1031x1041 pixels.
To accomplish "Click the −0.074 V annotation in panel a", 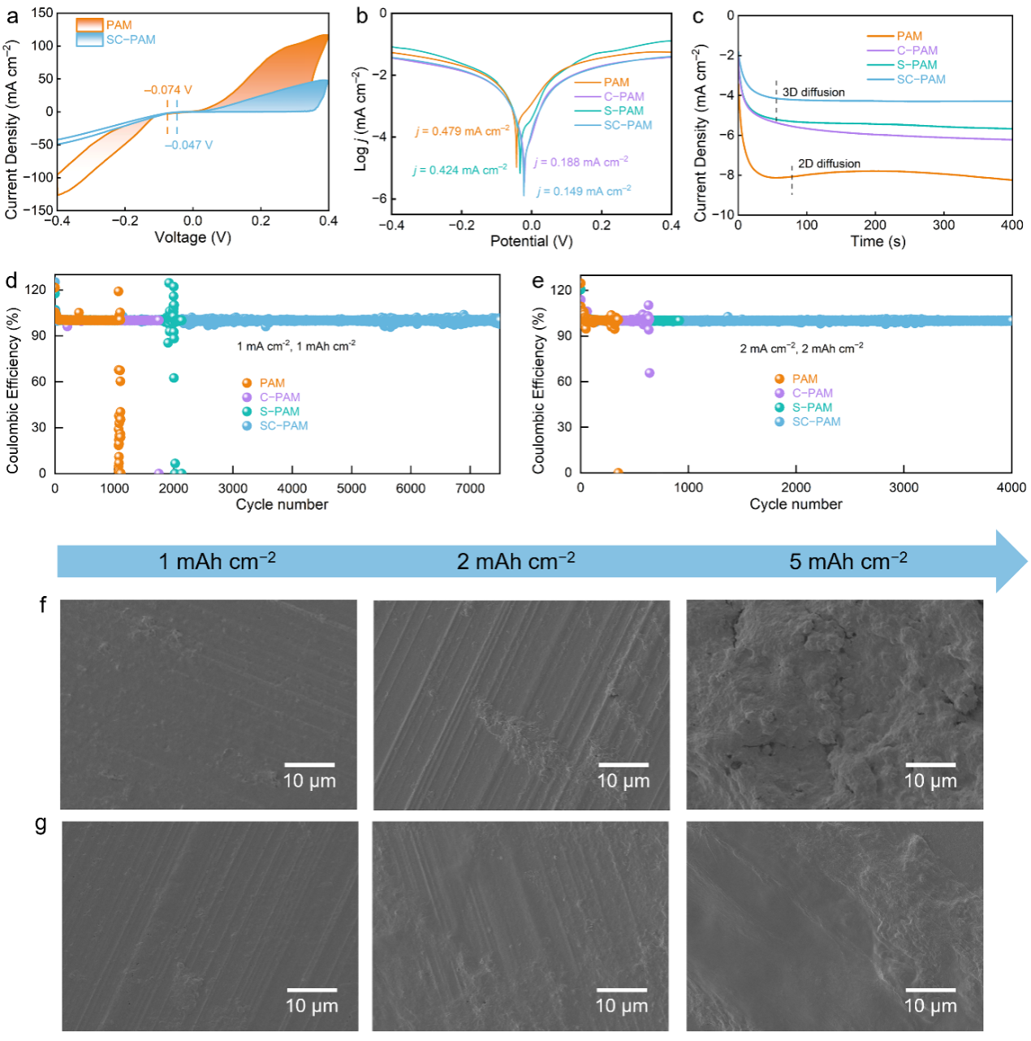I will pos(168,90).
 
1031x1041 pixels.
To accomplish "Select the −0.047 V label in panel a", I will pos(188,145).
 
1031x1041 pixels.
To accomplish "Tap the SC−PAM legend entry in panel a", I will pos(131,40).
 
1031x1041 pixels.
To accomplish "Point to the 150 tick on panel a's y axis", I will pos(42,13).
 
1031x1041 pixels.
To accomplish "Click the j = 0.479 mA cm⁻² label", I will pos(463,131).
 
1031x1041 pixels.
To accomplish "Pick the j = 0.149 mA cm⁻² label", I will pos(584,191).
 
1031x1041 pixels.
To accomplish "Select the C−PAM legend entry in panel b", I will pos(623,97).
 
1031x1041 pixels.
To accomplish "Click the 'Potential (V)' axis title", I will pos(531,241).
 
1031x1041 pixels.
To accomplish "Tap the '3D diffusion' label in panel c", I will pos(813,93).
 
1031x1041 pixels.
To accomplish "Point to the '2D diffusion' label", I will pos(829,164).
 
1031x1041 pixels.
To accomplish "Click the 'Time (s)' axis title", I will pos(878,241).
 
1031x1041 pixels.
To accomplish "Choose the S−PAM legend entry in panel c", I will pos(917,65).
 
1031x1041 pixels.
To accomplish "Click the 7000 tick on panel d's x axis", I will pos(470,488).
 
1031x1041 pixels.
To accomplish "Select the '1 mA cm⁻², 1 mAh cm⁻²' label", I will pos(296,347).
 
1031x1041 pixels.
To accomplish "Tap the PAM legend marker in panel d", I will pos(247,383).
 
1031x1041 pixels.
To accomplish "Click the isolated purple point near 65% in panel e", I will pos(649,373).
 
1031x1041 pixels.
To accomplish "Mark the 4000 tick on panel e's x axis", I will pos(1012,487).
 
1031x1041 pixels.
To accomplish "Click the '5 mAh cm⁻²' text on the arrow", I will pos(848,561).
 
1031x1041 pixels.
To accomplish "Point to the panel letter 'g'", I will pos(41,824).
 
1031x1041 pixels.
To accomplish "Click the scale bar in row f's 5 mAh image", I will pos(930,765).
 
